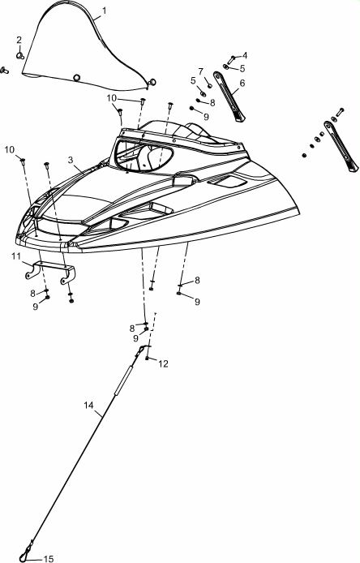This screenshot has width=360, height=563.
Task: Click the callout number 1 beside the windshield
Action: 104,11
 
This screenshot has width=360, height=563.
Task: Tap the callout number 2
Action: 19,40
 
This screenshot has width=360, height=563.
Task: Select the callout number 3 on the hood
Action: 71,160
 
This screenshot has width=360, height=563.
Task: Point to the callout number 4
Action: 244,55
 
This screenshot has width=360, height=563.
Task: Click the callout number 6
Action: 242,83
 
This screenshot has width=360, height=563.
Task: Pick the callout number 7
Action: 200,72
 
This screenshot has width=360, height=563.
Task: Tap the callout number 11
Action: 16,256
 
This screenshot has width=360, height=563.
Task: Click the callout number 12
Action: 163,363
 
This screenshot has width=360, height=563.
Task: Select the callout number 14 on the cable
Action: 88,405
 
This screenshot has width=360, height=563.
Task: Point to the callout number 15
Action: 49,559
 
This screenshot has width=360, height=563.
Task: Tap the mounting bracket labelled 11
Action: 50,272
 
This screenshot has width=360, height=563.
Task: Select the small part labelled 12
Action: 147,358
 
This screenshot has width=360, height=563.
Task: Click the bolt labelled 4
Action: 231,60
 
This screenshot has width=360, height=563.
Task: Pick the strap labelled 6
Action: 229,97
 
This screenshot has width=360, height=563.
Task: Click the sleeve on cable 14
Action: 123,380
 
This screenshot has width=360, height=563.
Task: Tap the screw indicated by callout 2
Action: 20,55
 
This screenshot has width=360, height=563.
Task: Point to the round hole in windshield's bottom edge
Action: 76,78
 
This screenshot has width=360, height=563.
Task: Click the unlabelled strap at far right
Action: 341,146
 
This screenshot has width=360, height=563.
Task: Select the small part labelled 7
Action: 210,86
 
